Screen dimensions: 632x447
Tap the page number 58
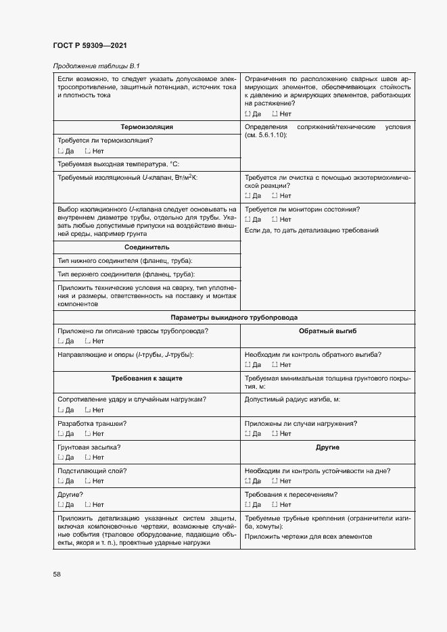pos(57,574)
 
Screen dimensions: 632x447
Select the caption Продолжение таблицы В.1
pos(95,65)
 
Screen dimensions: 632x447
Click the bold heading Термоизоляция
pos(147,126)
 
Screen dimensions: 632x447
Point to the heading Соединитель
pos(147,247)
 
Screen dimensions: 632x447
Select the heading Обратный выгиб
pos(327,331)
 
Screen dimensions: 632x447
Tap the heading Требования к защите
pos(147,379)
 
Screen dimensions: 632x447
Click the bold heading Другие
pos(327,447)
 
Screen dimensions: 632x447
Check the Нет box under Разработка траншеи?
pos(88,433)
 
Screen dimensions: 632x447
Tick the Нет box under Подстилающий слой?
pos(88,481)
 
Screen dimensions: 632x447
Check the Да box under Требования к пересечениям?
pos(248,504)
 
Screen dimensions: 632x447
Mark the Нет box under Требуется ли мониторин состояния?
pos(275,220)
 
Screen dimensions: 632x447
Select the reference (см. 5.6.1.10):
pos(266,136)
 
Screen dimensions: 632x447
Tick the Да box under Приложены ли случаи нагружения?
pos(248,433)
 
